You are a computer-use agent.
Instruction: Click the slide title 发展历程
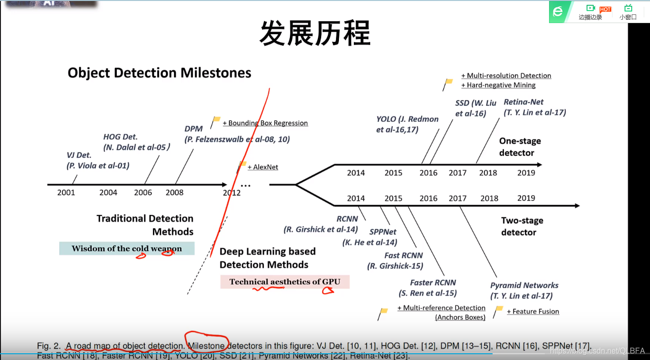[315, 33]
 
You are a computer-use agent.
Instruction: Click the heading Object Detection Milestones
[159, 73]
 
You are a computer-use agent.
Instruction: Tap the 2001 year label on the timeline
[66, 192]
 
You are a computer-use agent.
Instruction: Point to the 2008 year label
[175, 192]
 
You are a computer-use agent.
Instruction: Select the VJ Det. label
[79, 155]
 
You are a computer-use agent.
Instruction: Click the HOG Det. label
[120, 137]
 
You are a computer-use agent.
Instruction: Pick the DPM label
[194, 129]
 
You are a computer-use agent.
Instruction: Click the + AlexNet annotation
[262, 167]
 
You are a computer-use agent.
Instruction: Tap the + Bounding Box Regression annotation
[265, 123]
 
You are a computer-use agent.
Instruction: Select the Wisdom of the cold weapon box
[127, 248]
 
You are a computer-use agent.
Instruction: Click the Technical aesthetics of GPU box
[285, 282]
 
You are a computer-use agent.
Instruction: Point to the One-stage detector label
[520, 147]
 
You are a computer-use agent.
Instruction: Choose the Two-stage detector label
[522, 226]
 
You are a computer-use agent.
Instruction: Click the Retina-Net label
[524, 102]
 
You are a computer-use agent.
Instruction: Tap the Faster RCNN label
[433, 283]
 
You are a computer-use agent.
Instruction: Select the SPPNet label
[383, 232]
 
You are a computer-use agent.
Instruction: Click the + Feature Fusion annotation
[533, 311]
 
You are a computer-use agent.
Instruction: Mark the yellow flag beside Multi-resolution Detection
[449, 82]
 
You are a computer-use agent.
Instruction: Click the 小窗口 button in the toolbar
[628, 12]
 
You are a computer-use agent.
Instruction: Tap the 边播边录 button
[590, 12]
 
